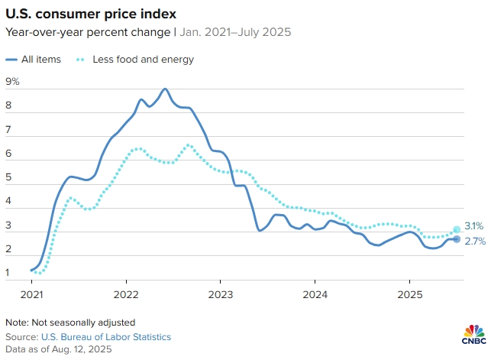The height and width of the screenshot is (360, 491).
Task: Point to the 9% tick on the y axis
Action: point(12,82)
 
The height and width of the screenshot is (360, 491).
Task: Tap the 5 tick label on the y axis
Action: point(8,177)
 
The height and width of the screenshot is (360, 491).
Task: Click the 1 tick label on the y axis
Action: point(8,272)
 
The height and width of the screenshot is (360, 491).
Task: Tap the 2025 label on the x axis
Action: point(409,294)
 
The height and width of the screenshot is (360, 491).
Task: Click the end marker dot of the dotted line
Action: point(457,229)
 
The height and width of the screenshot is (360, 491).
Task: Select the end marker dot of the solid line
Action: point(457,239)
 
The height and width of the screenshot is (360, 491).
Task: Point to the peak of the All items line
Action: point(165,89)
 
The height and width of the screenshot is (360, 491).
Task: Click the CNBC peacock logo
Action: point(473,332)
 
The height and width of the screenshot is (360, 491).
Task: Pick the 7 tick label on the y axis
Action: point(8,130)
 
